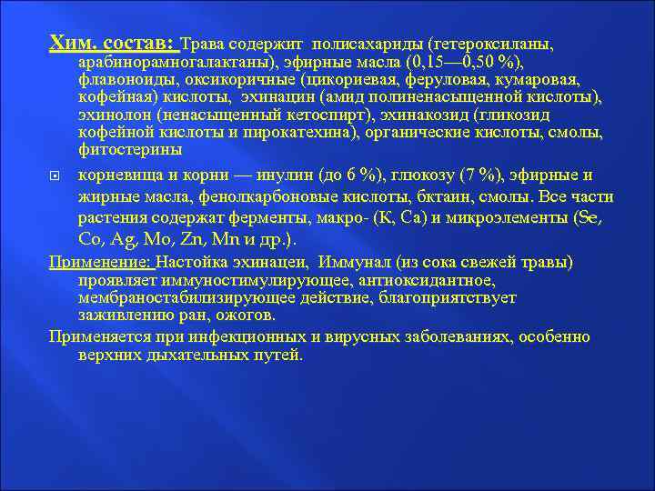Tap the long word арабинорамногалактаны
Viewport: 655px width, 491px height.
173,62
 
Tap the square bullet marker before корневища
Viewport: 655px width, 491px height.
55,173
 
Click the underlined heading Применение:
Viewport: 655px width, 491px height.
100,263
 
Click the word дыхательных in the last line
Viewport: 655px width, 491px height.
182,355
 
